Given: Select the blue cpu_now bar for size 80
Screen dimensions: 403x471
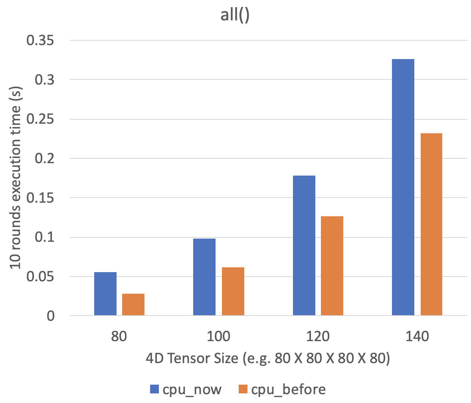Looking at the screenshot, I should click(105, 294).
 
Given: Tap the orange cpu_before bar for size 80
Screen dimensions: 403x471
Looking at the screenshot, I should click(133, 304).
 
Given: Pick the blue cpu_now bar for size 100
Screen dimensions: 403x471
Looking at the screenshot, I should click(204, 277).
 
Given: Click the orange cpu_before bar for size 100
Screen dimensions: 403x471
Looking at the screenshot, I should click(233, 291).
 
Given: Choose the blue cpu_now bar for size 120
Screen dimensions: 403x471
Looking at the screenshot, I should click(304, 245).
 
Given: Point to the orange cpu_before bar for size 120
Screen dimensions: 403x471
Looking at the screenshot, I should click(332, 266).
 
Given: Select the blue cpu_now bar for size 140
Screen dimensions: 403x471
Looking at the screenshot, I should click(403, 188).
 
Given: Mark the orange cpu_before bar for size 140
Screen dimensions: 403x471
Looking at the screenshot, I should click(431, 224).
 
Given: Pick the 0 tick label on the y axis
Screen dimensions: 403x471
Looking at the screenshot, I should click(51, 316).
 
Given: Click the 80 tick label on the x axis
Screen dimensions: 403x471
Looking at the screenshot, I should click(119, 337).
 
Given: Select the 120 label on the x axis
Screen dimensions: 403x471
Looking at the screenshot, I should click(318, 337).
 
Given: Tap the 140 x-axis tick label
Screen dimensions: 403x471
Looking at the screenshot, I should click(417, 337).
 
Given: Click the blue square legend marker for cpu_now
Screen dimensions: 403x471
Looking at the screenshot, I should click(154, 389).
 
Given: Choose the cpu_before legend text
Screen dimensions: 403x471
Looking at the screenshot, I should click(288, 389).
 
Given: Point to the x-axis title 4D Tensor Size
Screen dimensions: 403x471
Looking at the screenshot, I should click(267, 359).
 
